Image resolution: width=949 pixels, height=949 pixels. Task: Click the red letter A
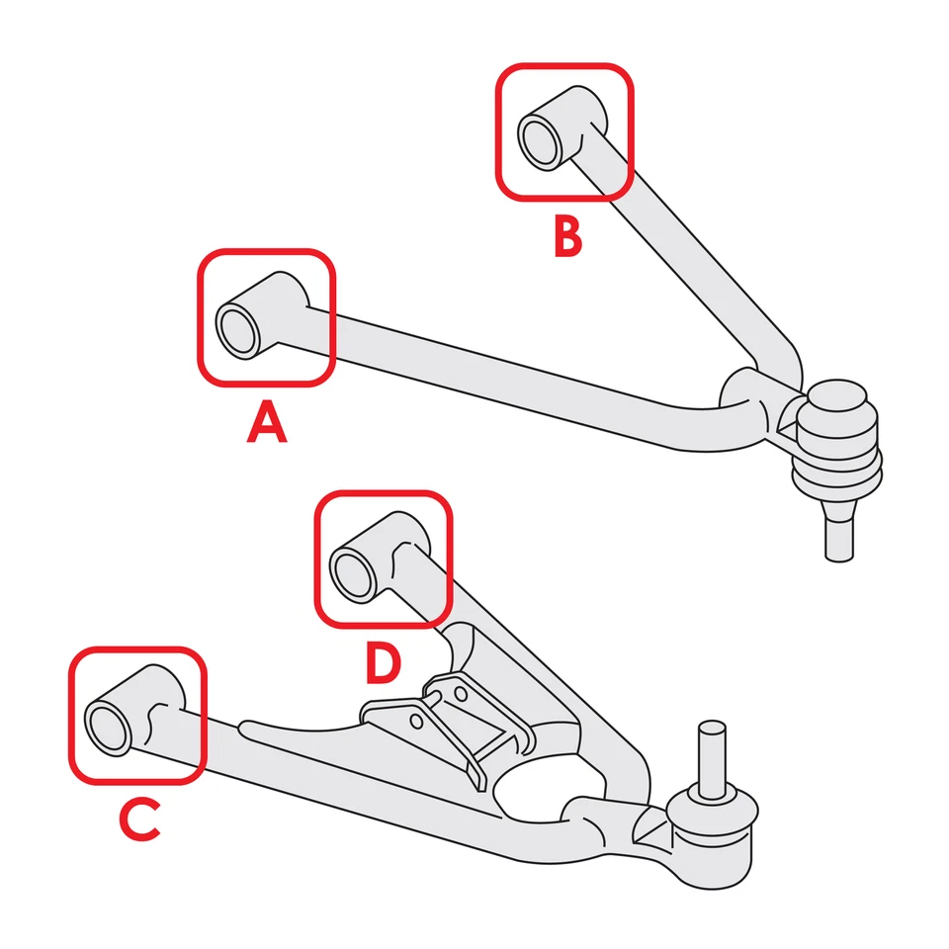267,424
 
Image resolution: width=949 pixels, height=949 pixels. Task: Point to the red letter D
383,663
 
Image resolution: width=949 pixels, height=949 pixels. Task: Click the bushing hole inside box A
237,330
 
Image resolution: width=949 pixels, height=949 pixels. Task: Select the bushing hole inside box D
353,574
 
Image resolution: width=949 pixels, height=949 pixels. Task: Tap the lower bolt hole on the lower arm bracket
416,723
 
